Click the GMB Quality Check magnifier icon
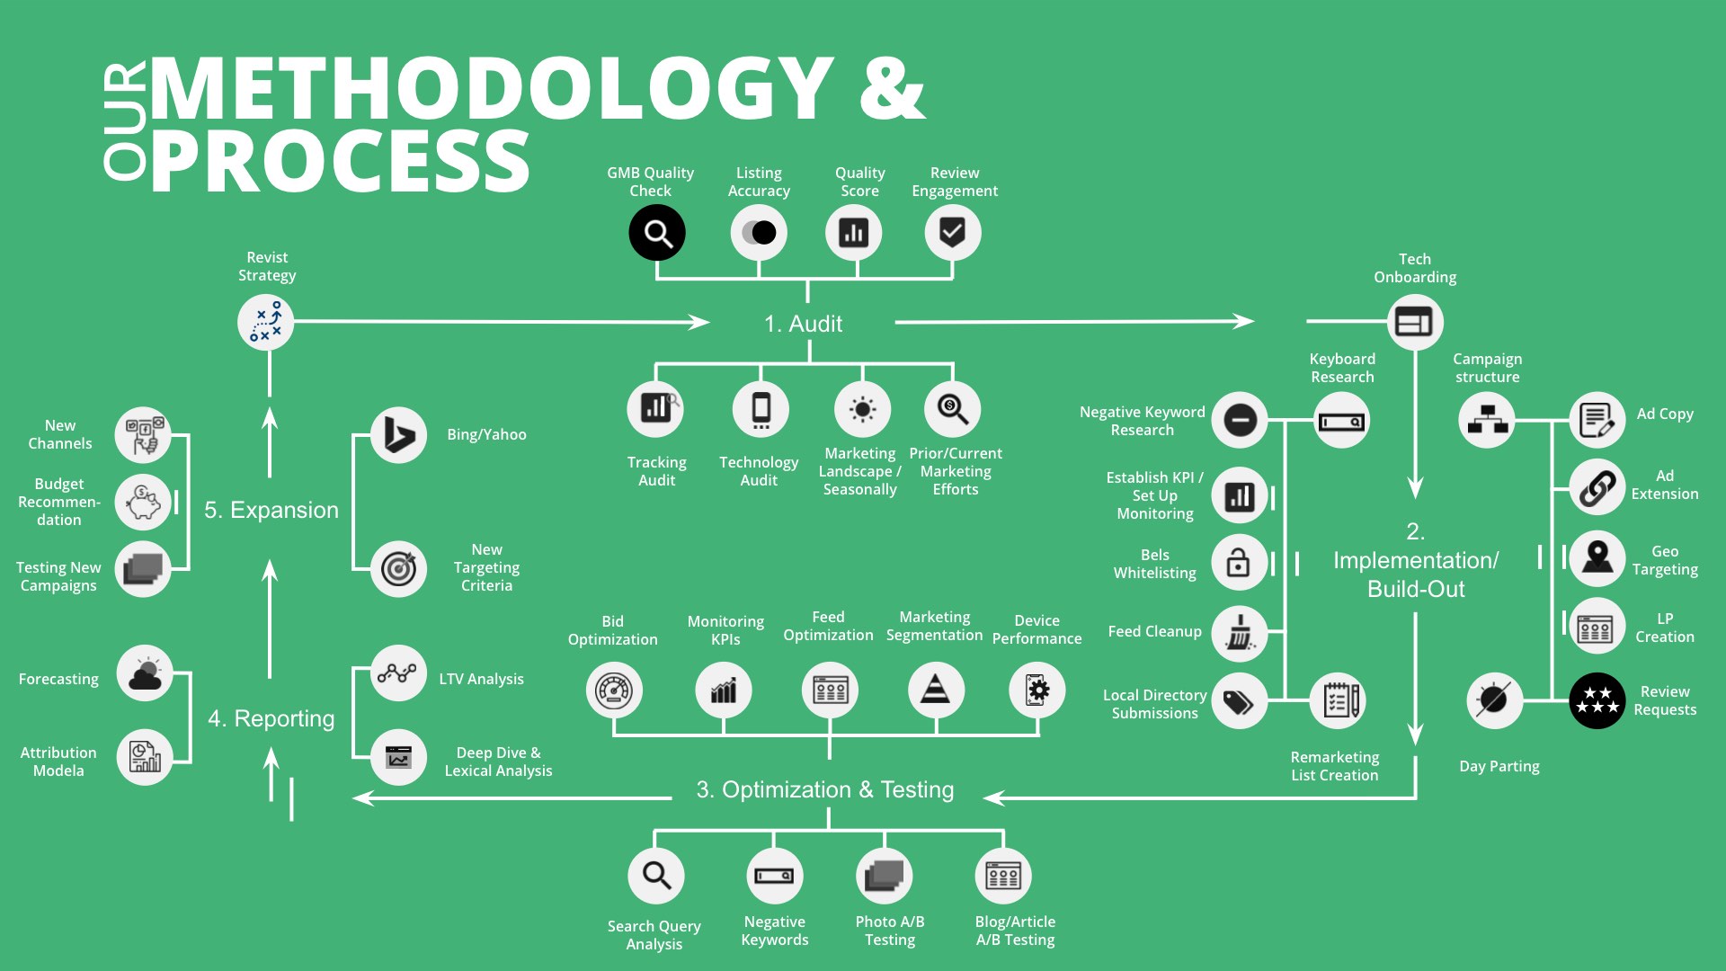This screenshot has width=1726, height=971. click(657, 233)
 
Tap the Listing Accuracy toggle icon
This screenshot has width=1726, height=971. click(759, 233)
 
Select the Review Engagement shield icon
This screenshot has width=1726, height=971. click(952, 233)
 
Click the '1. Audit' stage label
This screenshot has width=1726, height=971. click(803, 324)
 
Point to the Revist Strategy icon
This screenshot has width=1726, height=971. click(265, 322)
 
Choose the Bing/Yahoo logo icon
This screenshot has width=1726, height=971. click(398, 435)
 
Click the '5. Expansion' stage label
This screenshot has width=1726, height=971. click(271, 510)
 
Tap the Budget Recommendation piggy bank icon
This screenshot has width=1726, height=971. click(143, 502)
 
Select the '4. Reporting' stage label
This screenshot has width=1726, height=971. click(271, 718)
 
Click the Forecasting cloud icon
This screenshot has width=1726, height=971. click(145, 673)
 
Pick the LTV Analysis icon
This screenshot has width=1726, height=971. click(397, 673)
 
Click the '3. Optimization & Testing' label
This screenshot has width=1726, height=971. click(824, 789)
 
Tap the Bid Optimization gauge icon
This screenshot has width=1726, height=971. click(614, 690)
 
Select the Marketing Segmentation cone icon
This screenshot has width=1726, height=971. click(936, 690)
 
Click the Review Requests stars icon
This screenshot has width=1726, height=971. click(1597, 700)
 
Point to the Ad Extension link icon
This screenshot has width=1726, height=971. click(1597, 488)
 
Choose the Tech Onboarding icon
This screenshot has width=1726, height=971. click(1414, 322)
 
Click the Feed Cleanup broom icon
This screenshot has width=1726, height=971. click(1240, 633)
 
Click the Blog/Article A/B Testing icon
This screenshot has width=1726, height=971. click(1003, 876)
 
